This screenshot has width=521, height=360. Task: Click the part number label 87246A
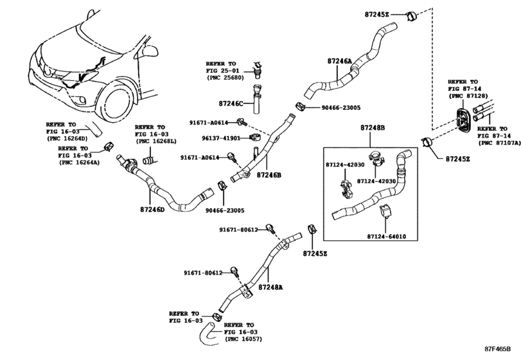(339, 61)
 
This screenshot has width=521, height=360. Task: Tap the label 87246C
(231, 104)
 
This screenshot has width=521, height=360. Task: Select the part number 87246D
(152, 210)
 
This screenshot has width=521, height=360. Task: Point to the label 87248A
(270, 287)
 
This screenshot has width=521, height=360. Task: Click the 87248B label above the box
(373, 128)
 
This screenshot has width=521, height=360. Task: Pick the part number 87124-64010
(387, 237)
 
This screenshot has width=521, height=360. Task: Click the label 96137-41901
(221, 138)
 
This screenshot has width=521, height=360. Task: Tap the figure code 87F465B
(497, 349)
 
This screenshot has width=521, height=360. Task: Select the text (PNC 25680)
(225, 78)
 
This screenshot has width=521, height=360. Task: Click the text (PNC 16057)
(243, 339)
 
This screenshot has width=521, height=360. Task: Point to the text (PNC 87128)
(468, 96)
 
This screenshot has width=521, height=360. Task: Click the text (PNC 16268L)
(155, 141)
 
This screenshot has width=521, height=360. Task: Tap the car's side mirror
(150, 51)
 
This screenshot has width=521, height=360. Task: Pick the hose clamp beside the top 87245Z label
(411, 16)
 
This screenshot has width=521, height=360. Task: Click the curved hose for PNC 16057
(208, 334)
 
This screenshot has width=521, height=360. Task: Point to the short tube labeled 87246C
(256, 100)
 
